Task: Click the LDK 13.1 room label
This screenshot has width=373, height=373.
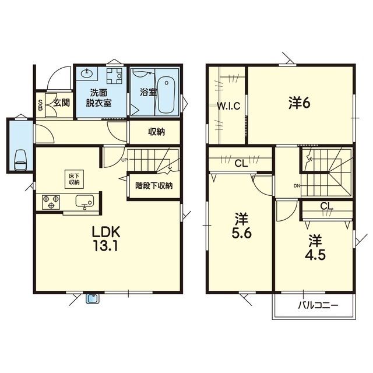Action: pos(106,238)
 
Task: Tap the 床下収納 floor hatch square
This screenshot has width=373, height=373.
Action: pos(74,180)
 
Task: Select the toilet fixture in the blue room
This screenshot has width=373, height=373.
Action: pos(20,160)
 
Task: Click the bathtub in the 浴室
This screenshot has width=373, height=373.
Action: pos(166,94)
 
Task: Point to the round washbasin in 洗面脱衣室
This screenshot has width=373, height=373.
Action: pos(87,73)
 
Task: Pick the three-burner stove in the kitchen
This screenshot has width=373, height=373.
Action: pos(51,202)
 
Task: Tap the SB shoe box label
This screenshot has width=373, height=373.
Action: pos(40,105)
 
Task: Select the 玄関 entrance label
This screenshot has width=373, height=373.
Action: pos(61,103)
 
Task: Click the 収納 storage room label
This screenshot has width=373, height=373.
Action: pos(157,132)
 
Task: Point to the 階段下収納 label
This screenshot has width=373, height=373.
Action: pos(154,185)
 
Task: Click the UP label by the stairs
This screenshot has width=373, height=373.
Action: pos(124,160)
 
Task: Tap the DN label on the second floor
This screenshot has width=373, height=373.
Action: pos(297,186)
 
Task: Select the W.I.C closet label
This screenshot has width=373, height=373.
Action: pos(228,106)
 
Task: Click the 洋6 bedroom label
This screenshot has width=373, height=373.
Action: pos(299,103)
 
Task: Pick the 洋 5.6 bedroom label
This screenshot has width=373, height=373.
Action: pos(241,226)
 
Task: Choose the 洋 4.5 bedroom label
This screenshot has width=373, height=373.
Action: pos(315,247)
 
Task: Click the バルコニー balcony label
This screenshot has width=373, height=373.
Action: pos(318,305)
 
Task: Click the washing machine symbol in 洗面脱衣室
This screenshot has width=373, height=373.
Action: pos(114,76)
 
